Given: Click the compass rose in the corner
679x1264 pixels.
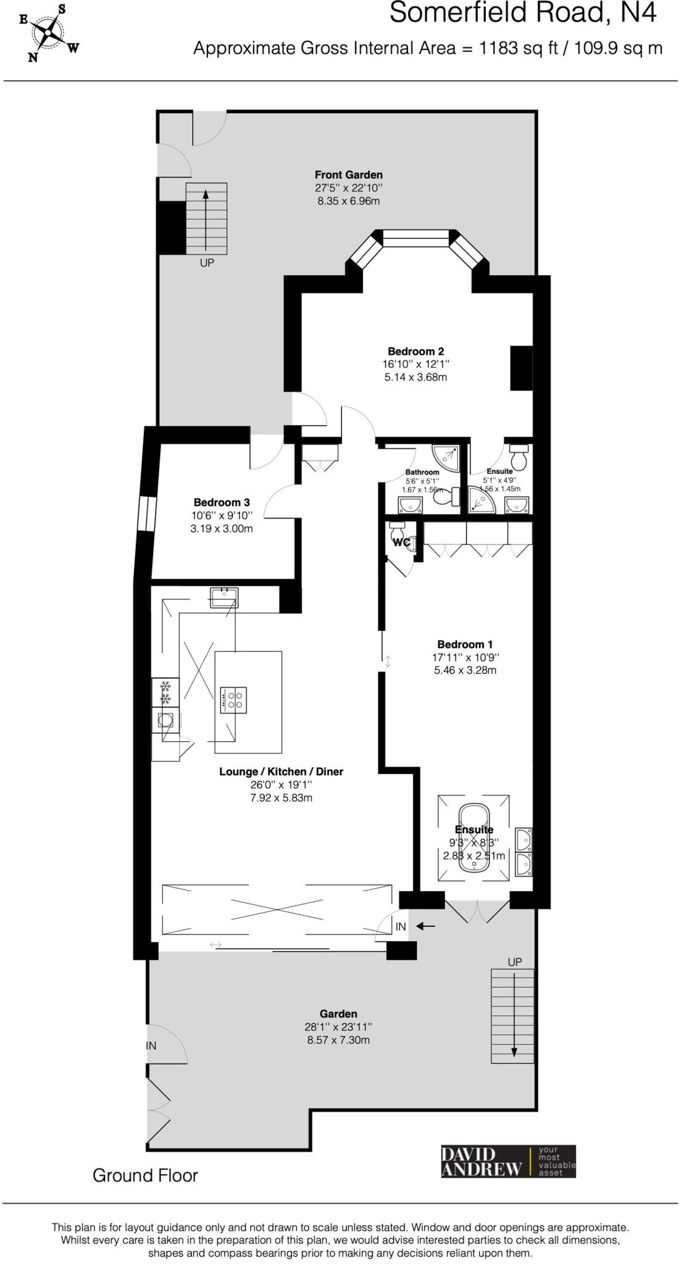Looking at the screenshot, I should point(48,33).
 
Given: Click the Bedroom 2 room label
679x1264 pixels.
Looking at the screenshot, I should point(415,352).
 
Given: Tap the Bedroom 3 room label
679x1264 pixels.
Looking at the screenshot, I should point(222,502).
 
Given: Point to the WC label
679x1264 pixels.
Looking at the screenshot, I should point(401,543).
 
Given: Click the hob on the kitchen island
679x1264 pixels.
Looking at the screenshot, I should point(234,700).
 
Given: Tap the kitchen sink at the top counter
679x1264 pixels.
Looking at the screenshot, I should point(224,597).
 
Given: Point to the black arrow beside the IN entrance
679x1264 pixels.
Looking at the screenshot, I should point(425,926).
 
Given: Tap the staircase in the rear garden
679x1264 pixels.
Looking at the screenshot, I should point(512,1015).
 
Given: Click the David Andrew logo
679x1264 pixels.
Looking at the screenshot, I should point(507,1161).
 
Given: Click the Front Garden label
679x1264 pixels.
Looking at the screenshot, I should point(349,175).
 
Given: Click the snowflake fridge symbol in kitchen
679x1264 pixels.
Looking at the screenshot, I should point(165,692).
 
